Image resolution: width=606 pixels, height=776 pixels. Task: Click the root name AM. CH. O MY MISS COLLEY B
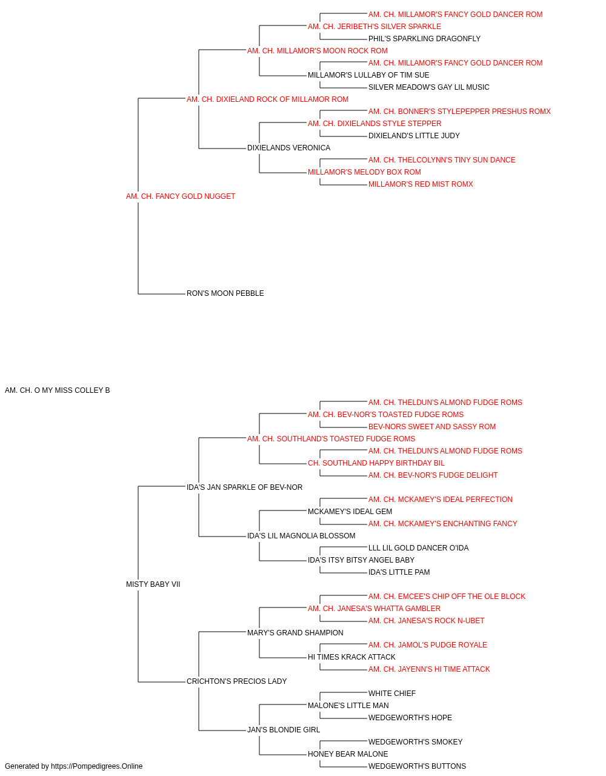pos(57,390)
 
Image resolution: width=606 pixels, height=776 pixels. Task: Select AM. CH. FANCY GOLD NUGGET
pos(181,196)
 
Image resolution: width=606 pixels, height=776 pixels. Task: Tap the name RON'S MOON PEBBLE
pos(225,293)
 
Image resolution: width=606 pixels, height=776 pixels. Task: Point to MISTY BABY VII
pos(153,584)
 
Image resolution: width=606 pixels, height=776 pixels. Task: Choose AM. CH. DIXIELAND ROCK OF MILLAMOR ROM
pos(268,99)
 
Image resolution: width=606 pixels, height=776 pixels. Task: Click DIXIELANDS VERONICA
pos(288,148)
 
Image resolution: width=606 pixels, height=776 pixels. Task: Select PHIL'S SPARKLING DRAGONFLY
pos(424,39)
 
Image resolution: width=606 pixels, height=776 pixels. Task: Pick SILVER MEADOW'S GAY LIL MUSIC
pos(428,87)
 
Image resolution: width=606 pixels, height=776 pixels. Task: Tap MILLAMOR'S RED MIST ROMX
pos(421,184)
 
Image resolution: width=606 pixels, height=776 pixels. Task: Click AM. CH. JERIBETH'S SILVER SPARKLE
pos(375,27)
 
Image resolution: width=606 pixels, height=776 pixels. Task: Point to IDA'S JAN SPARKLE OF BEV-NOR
pos(244,487)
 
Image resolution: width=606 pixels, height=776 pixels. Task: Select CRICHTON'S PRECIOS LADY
pos(236,681)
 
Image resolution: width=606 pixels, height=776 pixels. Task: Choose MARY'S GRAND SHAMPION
pos(295,633)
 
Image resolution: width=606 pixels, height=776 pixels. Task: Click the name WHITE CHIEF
pos(392,694)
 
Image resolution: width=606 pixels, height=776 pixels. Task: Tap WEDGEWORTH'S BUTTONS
pos(417,766)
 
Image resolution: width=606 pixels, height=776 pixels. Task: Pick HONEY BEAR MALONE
pos(348,754)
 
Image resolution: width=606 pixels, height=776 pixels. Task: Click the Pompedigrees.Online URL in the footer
pos(97,766)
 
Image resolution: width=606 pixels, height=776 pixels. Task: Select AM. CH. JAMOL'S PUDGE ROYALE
pos(428,645)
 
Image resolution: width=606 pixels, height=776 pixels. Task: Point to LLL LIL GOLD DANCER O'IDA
pos(418,548)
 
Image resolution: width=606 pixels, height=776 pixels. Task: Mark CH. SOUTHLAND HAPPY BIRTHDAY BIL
pos(376,463)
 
